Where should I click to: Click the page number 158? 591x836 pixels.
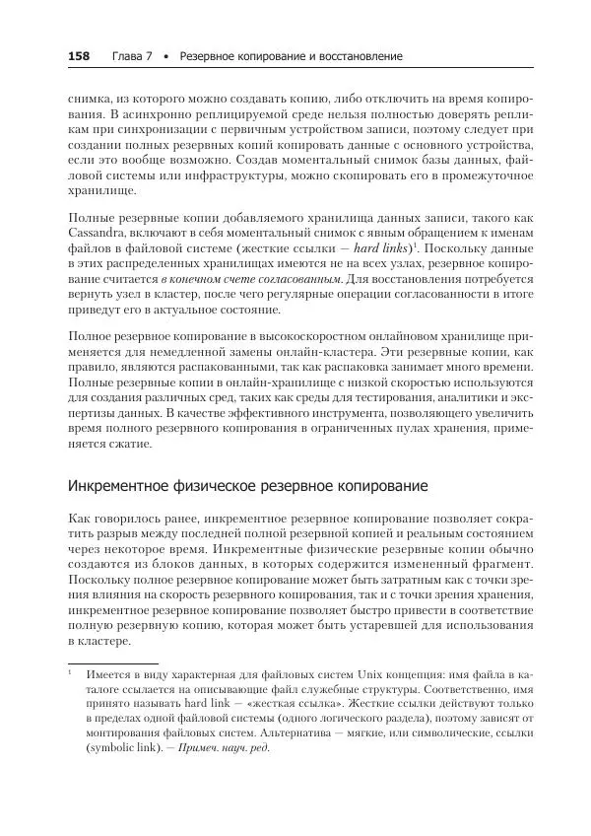tap(79, 56)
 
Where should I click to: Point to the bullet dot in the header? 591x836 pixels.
tap(166, 56)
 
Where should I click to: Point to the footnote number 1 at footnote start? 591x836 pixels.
tap(72, 676)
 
